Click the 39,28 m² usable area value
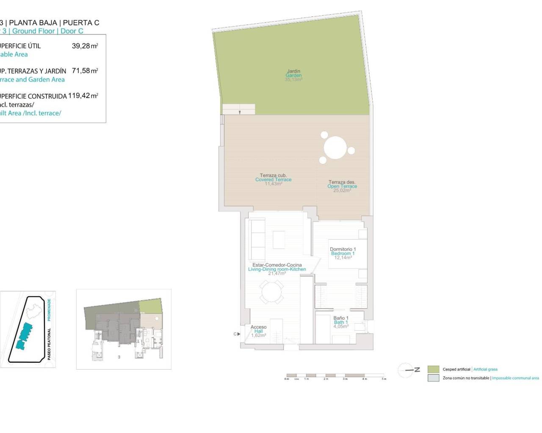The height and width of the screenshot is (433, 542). [85, 46]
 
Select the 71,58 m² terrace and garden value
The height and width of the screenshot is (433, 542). [85, 71]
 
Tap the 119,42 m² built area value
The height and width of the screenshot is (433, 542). [83, 96]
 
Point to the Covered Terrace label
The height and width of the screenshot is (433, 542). [273, 180]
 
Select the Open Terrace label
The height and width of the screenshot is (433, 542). [342, 186]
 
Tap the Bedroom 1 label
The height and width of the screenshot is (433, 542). [343, 253]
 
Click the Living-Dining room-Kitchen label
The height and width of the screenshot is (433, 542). [277, 269]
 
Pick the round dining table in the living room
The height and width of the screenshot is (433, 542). [271, 292]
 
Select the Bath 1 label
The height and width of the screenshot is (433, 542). [341, 322]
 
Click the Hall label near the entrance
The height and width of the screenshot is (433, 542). [258, 331]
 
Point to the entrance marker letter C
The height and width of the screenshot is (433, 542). [235, 334]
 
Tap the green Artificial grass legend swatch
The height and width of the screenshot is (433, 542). [433, 369]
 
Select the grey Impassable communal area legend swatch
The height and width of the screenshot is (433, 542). [433, 378]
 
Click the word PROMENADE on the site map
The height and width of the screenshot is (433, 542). [49, 310]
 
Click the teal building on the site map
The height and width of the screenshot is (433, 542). [24, 337]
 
